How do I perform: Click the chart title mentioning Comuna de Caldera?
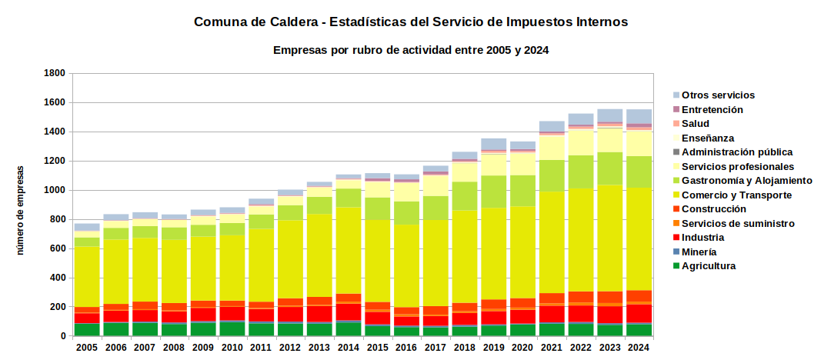coord(411,22)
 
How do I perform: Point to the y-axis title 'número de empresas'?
coord(21,210)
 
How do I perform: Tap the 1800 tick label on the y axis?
coord(54,74)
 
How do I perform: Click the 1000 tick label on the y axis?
coord(54,191)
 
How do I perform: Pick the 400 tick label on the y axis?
coord(56,278)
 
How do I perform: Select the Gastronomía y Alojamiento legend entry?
coord(743,181)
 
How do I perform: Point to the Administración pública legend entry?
coord(733,152)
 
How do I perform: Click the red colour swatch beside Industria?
coord(676,238)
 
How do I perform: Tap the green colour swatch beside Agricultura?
coord(676,266)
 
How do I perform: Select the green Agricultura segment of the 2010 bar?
coord(232,328)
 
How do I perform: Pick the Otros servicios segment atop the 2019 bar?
coord(494,144)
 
